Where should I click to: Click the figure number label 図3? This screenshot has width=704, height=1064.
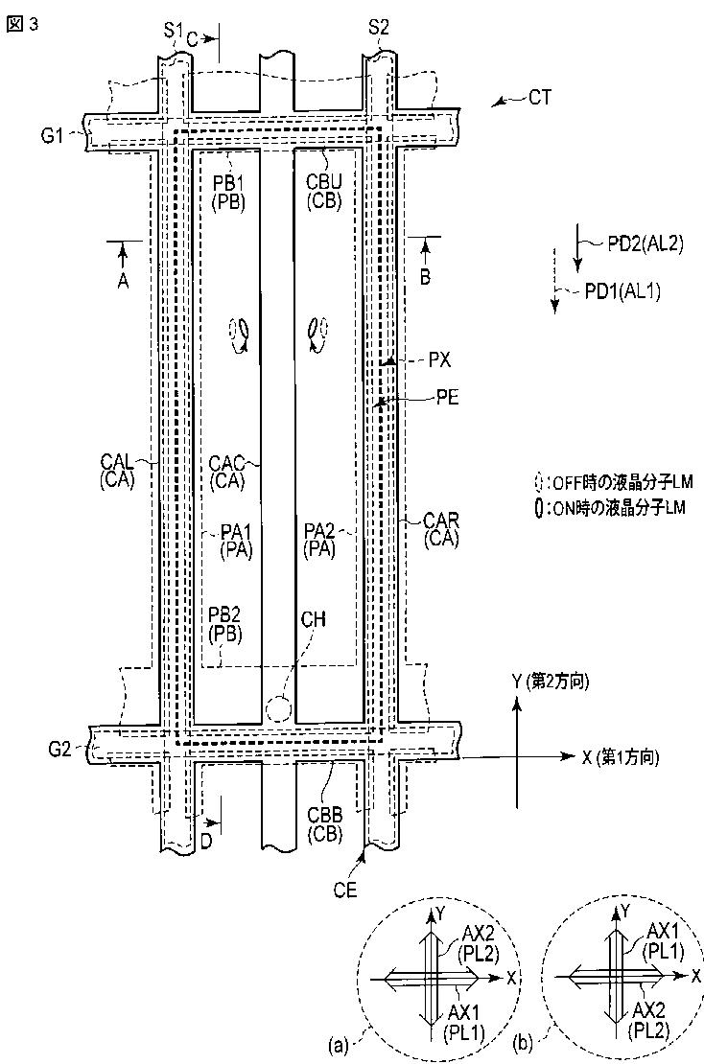coord(22,25)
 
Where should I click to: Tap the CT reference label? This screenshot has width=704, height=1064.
coord(540,98)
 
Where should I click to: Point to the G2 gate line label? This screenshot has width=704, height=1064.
coord(59,750)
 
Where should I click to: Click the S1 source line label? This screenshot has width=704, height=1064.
coord(173,29)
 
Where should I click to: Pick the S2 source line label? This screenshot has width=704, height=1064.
coord(379,28)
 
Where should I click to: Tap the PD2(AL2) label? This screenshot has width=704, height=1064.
coord(645,244)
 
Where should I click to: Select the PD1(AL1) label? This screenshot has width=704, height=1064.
coord(622,291)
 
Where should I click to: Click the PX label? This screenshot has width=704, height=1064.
coord(439,360)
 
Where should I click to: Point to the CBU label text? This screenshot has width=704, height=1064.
coord(324,183)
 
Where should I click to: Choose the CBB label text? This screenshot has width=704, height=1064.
coord(324,814)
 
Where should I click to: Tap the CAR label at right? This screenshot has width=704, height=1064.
coord(441,521)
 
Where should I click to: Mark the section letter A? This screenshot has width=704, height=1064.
coord(123,280)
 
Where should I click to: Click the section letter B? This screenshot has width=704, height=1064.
coord(426,277)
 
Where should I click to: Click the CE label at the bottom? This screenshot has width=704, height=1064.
coord(345,890)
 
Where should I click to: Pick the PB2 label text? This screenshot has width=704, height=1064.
coord(224,614)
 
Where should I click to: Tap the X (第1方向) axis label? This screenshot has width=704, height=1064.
coord(621,757)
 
